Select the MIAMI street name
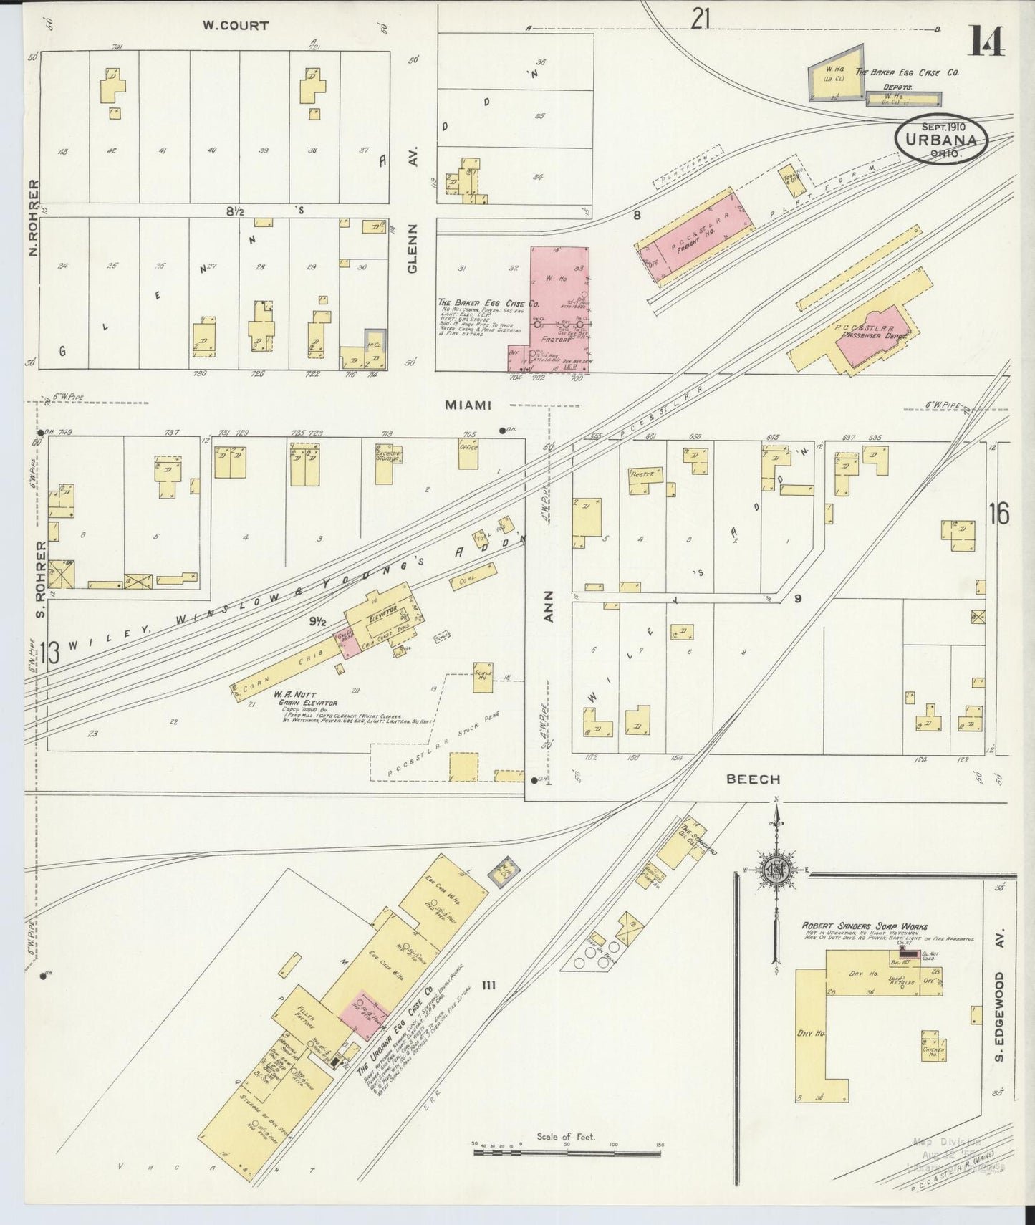[x=468, y=405]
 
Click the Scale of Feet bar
[x=566, y=1154]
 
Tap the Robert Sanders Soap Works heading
[x=865, y=926]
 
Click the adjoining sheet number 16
[x=999, y=514]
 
